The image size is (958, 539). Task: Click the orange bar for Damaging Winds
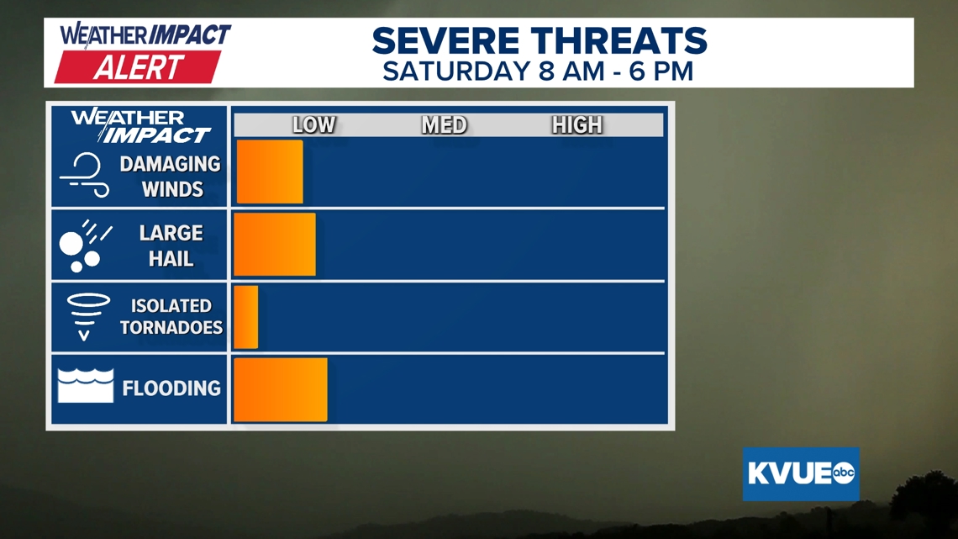[270, 172]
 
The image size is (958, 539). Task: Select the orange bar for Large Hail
[274, 245]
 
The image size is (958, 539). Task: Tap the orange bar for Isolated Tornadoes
[245, 317]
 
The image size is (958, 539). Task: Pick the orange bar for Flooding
[281, 390]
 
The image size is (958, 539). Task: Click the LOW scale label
[314, 124]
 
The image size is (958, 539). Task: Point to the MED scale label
[445, 124]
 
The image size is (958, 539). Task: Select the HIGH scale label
[577, 124]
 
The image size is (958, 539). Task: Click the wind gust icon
[84, 175]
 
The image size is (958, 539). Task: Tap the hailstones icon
[85, 246]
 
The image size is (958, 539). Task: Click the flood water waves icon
[86, 385]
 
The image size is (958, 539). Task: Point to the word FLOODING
[171, 388]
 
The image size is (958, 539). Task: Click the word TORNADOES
[171, 328]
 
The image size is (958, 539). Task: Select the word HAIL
[171, 259]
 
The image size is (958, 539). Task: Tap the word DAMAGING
[170, 164]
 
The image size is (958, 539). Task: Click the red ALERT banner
[138, 67]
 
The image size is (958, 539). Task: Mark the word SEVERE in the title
[445, 41]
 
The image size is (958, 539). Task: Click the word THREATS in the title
[618, 41]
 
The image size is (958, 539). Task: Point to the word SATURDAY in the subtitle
[456, 71]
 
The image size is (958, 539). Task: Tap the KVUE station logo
[801, 473]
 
